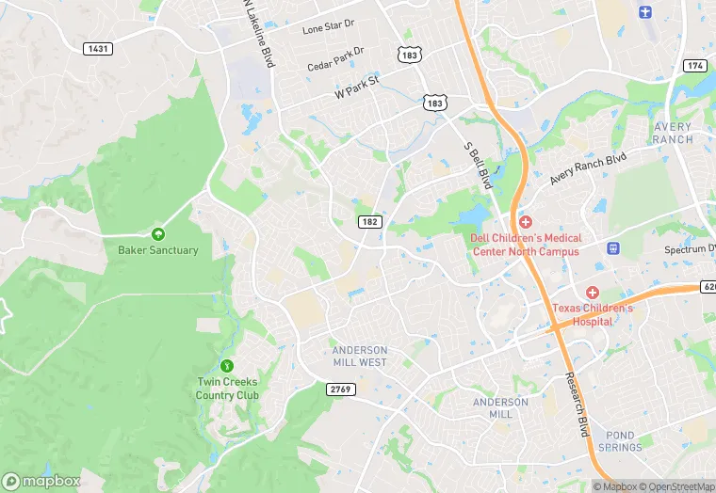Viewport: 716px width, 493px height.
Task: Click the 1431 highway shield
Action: click(x=97, y=48)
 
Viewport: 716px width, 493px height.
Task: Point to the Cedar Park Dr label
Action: click(x=335, y=58)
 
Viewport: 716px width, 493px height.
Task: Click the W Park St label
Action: click(x=356, y=88)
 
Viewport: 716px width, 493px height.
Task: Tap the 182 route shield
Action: click(x=369, y=221)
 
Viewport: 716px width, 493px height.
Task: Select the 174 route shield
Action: click(x=695, y=65)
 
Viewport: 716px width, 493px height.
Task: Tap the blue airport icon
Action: click(x=645, y=11)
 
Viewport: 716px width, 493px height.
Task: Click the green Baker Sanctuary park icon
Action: click(x=158, y=233)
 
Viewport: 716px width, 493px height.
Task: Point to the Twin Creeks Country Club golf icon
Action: click(x=226, y=365)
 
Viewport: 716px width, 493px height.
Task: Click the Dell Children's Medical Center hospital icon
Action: click(x=526, y=222)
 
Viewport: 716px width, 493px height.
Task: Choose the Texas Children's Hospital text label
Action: click(x=594, y=314)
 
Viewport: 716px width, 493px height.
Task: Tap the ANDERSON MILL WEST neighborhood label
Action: click(x=359, y=356)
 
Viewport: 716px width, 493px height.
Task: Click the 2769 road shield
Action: click(x=340, y=390)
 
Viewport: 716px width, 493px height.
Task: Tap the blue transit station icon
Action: click(x=613, y=248)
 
